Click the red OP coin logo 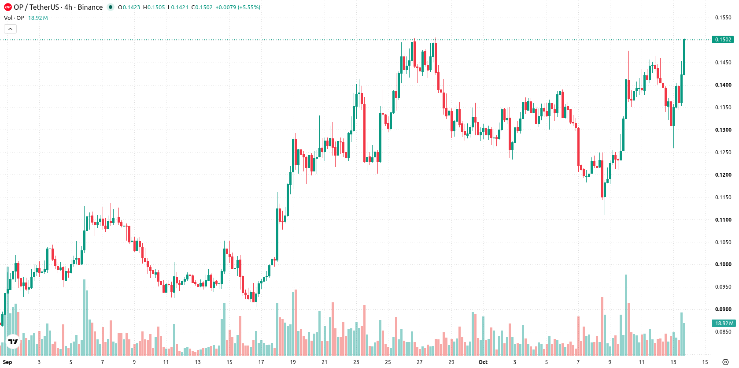click(x=7, y=7)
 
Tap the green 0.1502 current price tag click(x=723, y=40)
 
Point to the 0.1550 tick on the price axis click(x=723, y=18)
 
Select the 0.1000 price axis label click(x=723, y=264)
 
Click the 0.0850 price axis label click(x=723, y=332)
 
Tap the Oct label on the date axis click(x=483, y=362)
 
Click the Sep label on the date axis click(x=7, y=362)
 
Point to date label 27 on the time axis click(x=419, y=362)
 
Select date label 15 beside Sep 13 click(x=229, y=362)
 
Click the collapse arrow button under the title click(x=10, y=29)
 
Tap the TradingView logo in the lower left click(x=13, y=342)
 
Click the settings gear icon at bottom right click(x=725, y=362)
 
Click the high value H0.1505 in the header click(x=154, y=7)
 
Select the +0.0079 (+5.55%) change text click(x=238, y=7)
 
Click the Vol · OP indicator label click(x=14, y=18)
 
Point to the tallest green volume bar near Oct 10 click(x=626, y=315)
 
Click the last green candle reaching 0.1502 click(x=684, y=57)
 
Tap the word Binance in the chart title click(x=90, y=7)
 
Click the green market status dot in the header click(x=111, y=7)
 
